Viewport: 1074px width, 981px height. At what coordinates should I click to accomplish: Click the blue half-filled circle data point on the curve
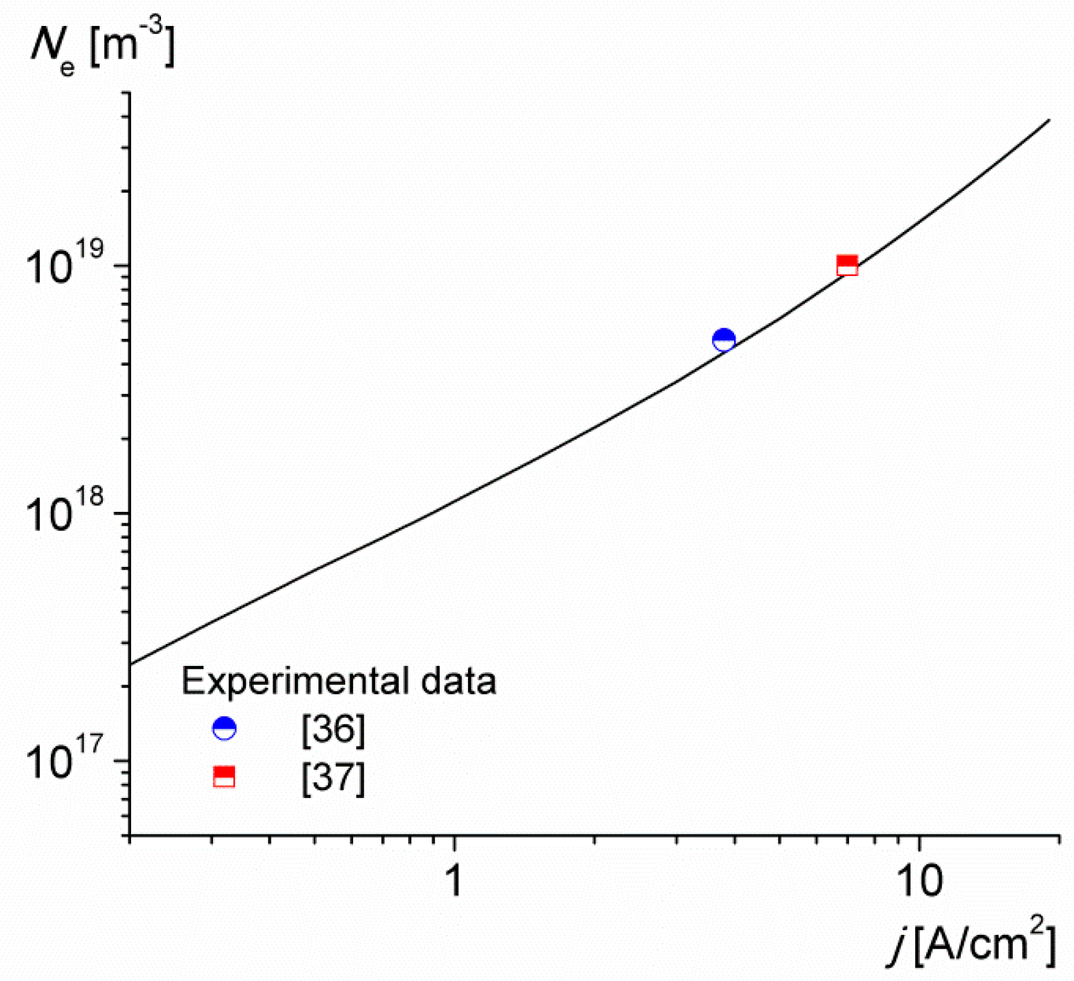[x=724, y=340]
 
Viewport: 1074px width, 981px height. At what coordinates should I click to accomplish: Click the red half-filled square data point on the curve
[x=847, y=265]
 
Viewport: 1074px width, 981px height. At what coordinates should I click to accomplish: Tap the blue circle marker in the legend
[x=224, y=729]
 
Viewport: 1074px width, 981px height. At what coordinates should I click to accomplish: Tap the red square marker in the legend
[x=224, y=777]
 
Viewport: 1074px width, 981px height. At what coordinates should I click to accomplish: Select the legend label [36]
[x=333, y=730]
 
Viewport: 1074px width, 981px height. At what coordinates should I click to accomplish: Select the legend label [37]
[x=333, y=778]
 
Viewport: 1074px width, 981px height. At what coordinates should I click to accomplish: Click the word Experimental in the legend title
[x=297, y=682]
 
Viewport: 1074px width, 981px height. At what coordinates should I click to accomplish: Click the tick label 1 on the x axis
[x=455, y=881]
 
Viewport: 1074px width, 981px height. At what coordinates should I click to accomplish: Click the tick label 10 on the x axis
[x=920, y=881]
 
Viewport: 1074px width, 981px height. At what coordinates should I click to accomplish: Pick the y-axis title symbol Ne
[x=52, y=49]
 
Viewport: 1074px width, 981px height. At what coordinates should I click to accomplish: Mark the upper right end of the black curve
[x=1048, y=120]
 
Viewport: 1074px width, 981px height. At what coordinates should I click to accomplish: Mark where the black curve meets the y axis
[x=131, y=664]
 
